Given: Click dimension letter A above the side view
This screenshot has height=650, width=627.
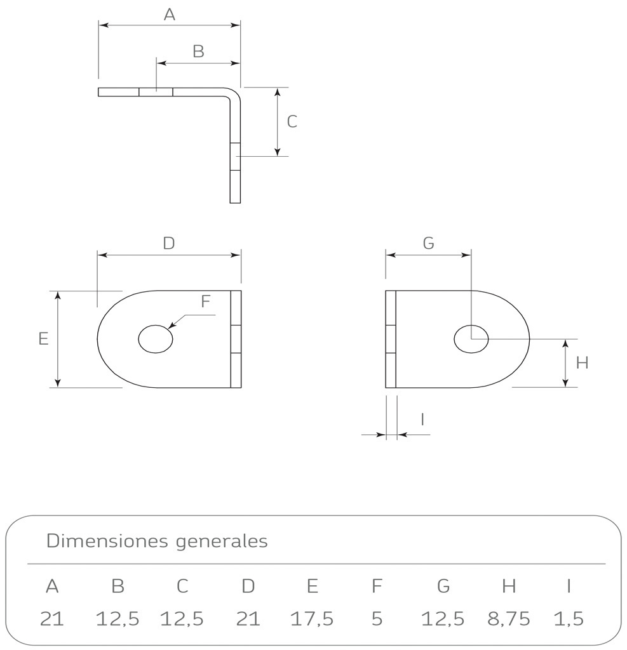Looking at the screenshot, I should (169, 15).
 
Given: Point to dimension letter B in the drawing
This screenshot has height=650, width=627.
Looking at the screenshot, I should (198, 52).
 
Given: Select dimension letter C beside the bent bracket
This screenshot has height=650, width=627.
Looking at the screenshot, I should (292, 121).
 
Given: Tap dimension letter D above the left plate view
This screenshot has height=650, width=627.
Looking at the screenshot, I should (168, 243).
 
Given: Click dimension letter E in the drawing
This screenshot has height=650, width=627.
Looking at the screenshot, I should (43, 339).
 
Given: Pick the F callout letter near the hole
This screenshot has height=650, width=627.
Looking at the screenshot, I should (205, 302).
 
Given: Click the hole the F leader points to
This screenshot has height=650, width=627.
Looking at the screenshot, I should (156, 339).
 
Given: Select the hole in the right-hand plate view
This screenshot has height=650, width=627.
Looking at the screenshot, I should (471, 339).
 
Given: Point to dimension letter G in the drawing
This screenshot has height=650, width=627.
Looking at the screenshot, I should (428, 243).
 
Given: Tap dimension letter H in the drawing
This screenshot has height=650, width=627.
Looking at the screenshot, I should (582, 363).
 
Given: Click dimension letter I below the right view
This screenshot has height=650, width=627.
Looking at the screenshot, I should (422, 419).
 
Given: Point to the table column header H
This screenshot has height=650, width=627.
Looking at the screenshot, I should (509, 587).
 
